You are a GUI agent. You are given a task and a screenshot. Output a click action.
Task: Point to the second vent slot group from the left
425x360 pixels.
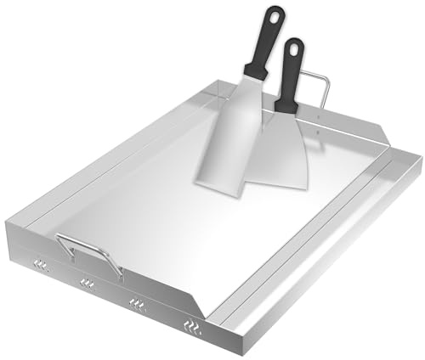[87, 283]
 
